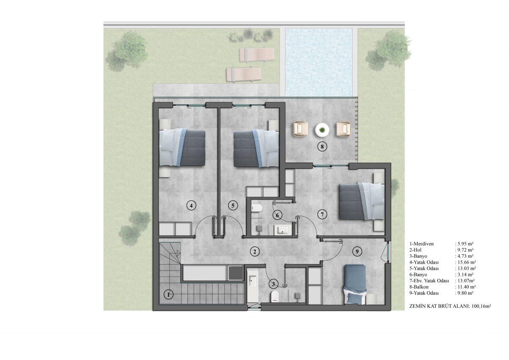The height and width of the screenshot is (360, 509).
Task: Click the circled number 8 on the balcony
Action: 322,147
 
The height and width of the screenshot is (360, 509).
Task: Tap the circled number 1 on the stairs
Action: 168,295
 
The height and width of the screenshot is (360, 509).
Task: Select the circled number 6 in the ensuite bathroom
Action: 277,215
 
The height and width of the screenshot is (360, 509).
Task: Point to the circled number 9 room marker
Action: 357,251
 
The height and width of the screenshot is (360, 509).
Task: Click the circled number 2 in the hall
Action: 255,251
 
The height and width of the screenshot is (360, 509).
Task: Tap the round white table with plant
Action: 322,130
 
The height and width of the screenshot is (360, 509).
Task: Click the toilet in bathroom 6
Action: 257,208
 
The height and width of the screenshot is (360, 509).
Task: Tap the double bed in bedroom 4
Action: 182,148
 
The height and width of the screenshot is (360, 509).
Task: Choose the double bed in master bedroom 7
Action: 361,202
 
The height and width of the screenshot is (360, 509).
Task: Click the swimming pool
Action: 319,62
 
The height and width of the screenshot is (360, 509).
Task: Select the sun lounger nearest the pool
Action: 257,55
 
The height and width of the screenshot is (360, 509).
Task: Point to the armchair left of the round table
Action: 301,129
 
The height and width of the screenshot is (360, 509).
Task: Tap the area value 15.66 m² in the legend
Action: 466,262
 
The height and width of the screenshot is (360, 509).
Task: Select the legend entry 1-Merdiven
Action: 422,244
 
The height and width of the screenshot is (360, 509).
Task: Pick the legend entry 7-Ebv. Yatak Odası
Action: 429,281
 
